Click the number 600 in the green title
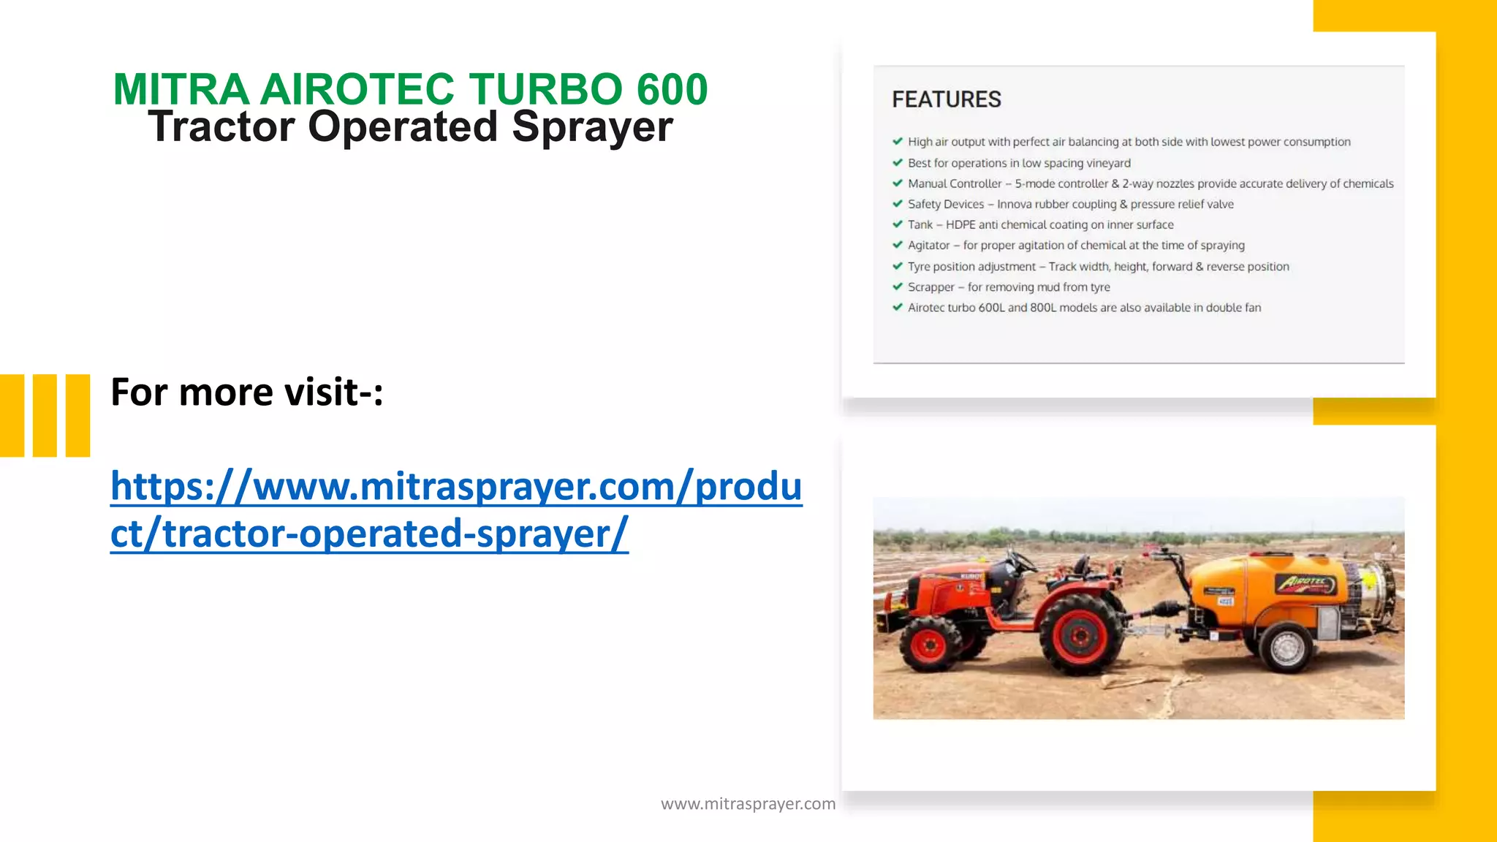[x=672, y=89]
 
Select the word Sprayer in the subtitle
[x=592, y=127]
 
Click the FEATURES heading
[x=946, y=99]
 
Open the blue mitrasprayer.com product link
[x=456, y=509]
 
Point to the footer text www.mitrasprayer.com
[x=748, y=804]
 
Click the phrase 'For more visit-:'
[x=247, y=392]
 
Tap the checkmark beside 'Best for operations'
[x=898, y=162]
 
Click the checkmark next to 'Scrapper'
[x=898, y=287]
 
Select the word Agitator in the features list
[x=928, y=246]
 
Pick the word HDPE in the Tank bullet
[x=960, y=225]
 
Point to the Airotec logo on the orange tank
[x=1305, y=583]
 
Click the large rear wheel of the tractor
[x=1080, y=635]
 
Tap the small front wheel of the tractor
[x=930, y=644]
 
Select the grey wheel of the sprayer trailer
[x=1286, y=647]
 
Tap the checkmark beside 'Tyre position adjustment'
[x=898, y=266]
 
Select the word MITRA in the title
[x=181, y=89]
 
